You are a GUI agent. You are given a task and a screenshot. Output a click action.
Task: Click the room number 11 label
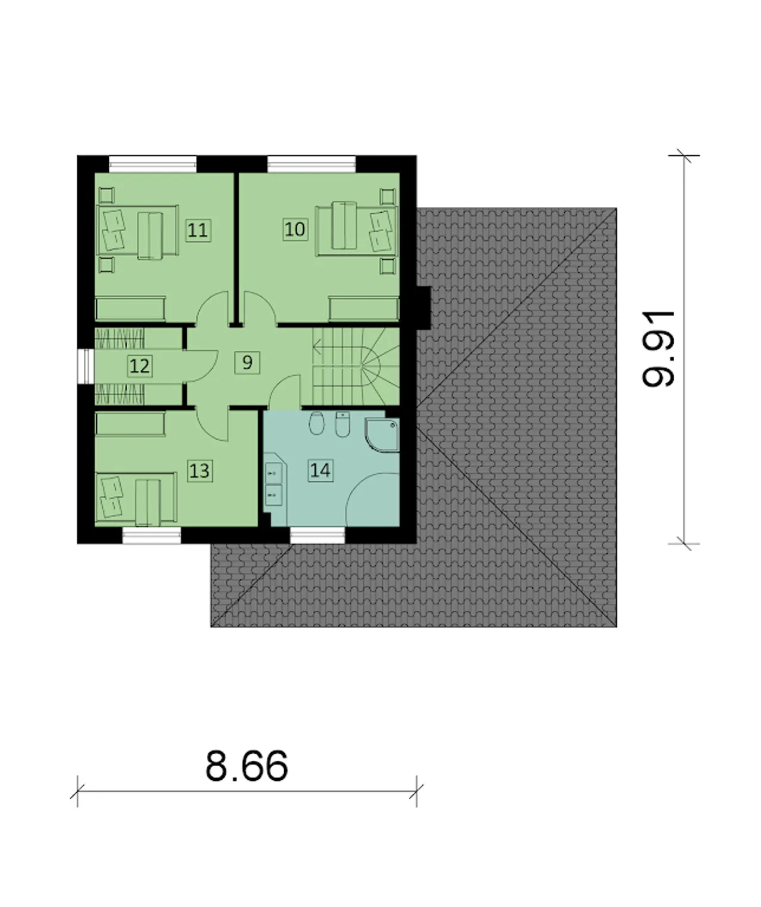(x=198, y=230)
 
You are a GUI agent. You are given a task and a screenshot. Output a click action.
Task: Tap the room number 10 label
(x=295, y=229)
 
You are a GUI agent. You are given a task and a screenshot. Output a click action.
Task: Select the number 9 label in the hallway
(x=247, y=363)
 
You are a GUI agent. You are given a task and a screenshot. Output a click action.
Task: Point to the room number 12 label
(x=140, y=366)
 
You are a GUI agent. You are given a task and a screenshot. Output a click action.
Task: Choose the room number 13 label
(x=200, y=471)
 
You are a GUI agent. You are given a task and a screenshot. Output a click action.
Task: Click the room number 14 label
(x=320, y=470)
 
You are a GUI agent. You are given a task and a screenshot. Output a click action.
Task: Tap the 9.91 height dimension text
(x=658, y=348)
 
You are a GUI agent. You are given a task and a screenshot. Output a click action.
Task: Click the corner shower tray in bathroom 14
(x=382, y=435)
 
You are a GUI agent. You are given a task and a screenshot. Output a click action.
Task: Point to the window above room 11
(x=152, y=164)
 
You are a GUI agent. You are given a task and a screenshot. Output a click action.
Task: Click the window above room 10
(x=311, y=164)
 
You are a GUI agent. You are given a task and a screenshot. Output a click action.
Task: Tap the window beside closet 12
(x=86, y=367)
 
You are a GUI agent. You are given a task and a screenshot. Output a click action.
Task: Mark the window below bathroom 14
(x=317, y=535)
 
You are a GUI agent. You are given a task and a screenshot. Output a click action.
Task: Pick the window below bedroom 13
(x=152, y=535)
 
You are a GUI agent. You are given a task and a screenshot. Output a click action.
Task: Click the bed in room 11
(x=137, y=230)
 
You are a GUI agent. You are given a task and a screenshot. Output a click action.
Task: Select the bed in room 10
(x=356, y=231)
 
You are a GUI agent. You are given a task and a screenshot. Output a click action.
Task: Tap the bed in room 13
(x=136, y=497)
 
